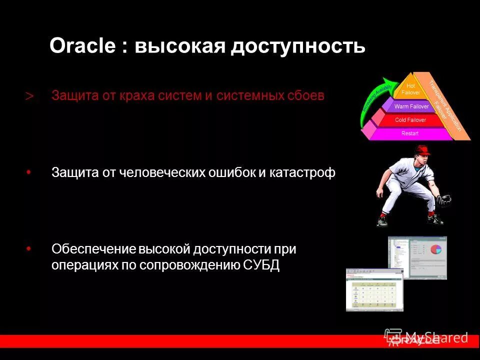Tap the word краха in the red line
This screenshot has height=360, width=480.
135,95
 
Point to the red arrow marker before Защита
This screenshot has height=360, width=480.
29,96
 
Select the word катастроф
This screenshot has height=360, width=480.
303,172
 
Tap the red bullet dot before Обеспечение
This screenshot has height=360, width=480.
28,247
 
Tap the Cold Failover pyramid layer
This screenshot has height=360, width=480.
410,120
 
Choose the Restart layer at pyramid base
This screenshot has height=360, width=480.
410,133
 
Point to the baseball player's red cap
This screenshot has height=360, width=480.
422,149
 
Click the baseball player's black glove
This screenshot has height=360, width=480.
443,201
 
